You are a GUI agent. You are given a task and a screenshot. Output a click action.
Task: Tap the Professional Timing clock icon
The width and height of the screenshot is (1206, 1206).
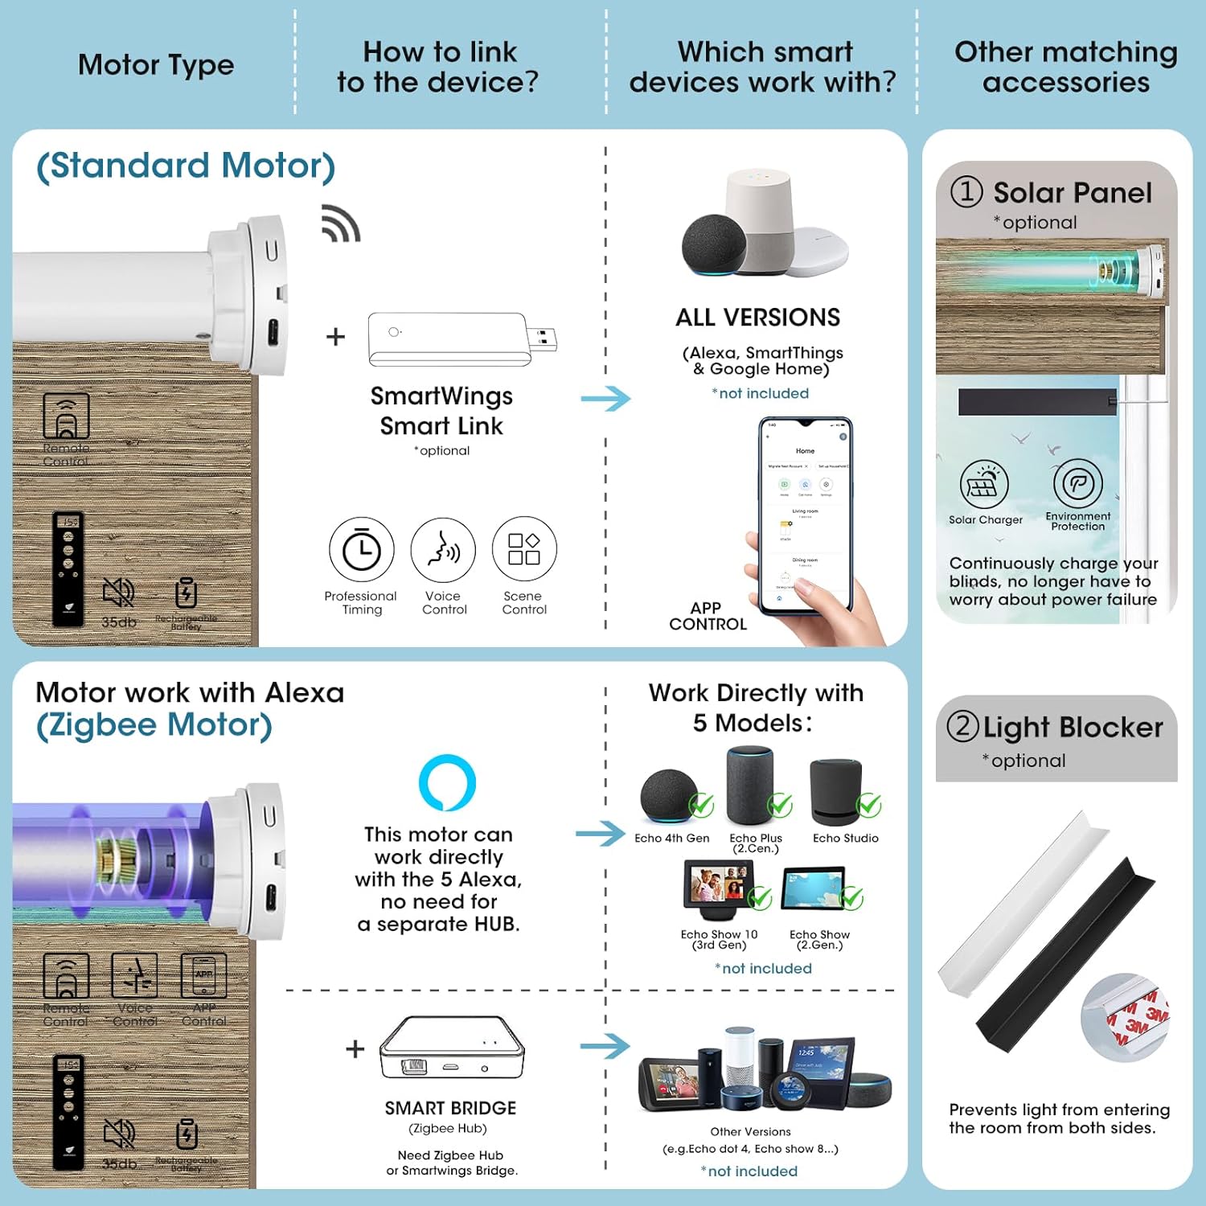(x=362, y=550)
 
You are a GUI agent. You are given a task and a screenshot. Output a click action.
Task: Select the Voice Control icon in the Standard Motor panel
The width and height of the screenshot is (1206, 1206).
(x=443, y=550)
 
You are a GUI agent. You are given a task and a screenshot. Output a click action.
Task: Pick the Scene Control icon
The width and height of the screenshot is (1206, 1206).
(x=524, y=550)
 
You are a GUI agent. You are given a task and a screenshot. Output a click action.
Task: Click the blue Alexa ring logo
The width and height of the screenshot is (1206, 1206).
(x=448, y=782)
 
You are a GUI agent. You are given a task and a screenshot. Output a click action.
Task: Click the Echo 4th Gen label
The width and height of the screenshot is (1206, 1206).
(x=671, y=838)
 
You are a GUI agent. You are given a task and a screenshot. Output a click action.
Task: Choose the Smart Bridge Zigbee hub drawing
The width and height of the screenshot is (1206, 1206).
(x=452, y=1048)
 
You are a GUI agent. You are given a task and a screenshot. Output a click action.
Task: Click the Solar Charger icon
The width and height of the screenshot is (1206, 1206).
(x=984, y=485)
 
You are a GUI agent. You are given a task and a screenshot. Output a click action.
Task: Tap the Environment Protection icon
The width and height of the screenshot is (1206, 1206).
(x=1077, y=484)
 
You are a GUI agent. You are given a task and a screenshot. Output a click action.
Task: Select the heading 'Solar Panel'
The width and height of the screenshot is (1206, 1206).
(x=1073, y=193)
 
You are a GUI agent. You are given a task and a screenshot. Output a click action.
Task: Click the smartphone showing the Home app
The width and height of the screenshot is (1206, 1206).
(x=805, y=515)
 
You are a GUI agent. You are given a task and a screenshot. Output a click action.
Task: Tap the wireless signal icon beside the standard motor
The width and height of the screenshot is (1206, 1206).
(x=341, y=224)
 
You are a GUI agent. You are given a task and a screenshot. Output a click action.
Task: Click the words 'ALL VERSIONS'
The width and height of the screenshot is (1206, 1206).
(x=757, y=318)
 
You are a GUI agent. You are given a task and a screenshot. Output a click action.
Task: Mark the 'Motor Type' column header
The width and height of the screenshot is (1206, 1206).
(x=156, y=64)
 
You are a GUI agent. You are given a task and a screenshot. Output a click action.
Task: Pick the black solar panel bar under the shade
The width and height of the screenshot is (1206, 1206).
(x=1037, y=401)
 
